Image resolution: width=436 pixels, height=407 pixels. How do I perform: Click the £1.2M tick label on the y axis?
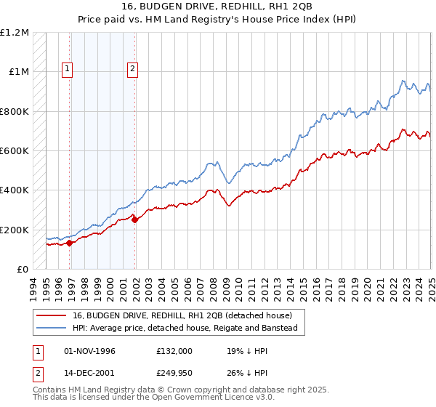point(16,33)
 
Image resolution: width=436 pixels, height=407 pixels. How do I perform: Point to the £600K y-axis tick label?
point(16,151)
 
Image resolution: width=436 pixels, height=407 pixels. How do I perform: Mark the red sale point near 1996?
point(70,243)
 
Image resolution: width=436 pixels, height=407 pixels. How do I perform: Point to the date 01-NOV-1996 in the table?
point(89,351)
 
